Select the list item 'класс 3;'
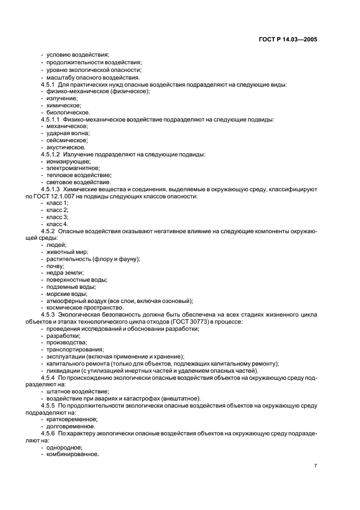57,217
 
